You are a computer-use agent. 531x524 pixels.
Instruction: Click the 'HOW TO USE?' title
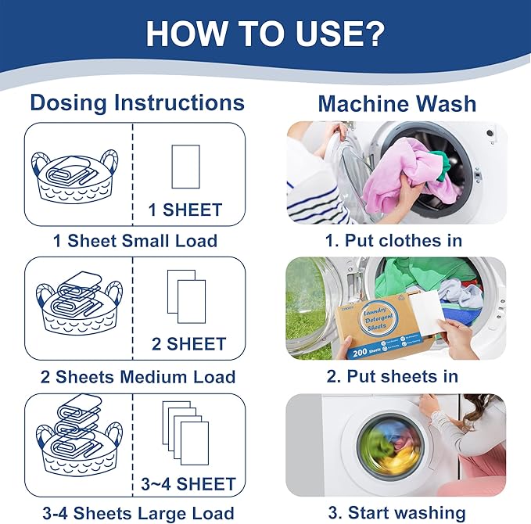click(x=265, y=33)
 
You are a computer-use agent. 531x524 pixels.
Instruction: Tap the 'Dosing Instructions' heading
click(x=137, y=102)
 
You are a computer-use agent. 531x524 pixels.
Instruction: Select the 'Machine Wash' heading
click(x=396, y=104)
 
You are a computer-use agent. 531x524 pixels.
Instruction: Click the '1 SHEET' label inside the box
click(x=185, y=210)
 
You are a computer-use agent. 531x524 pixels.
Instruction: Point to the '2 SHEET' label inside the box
click(x=185, y=344)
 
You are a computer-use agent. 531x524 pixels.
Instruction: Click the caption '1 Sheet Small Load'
click(x=135, y=240)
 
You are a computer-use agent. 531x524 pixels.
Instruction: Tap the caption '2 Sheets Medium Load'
click(x=135, y=377)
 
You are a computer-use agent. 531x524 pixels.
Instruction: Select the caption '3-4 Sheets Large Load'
click(x=135, y=514)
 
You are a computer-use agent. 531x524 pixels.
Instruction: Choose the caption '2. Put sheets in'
click(x=393, y=377)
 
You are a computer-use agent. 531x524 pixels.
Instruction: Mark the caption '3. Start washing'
click(x=396, y=514)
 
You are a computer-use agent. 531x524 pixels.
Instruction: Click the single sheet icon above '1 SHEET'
click(x=185, y=166)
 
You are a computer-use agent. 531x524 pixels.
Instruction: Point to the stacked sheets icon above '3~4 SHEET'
click(x=185, y=434)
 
